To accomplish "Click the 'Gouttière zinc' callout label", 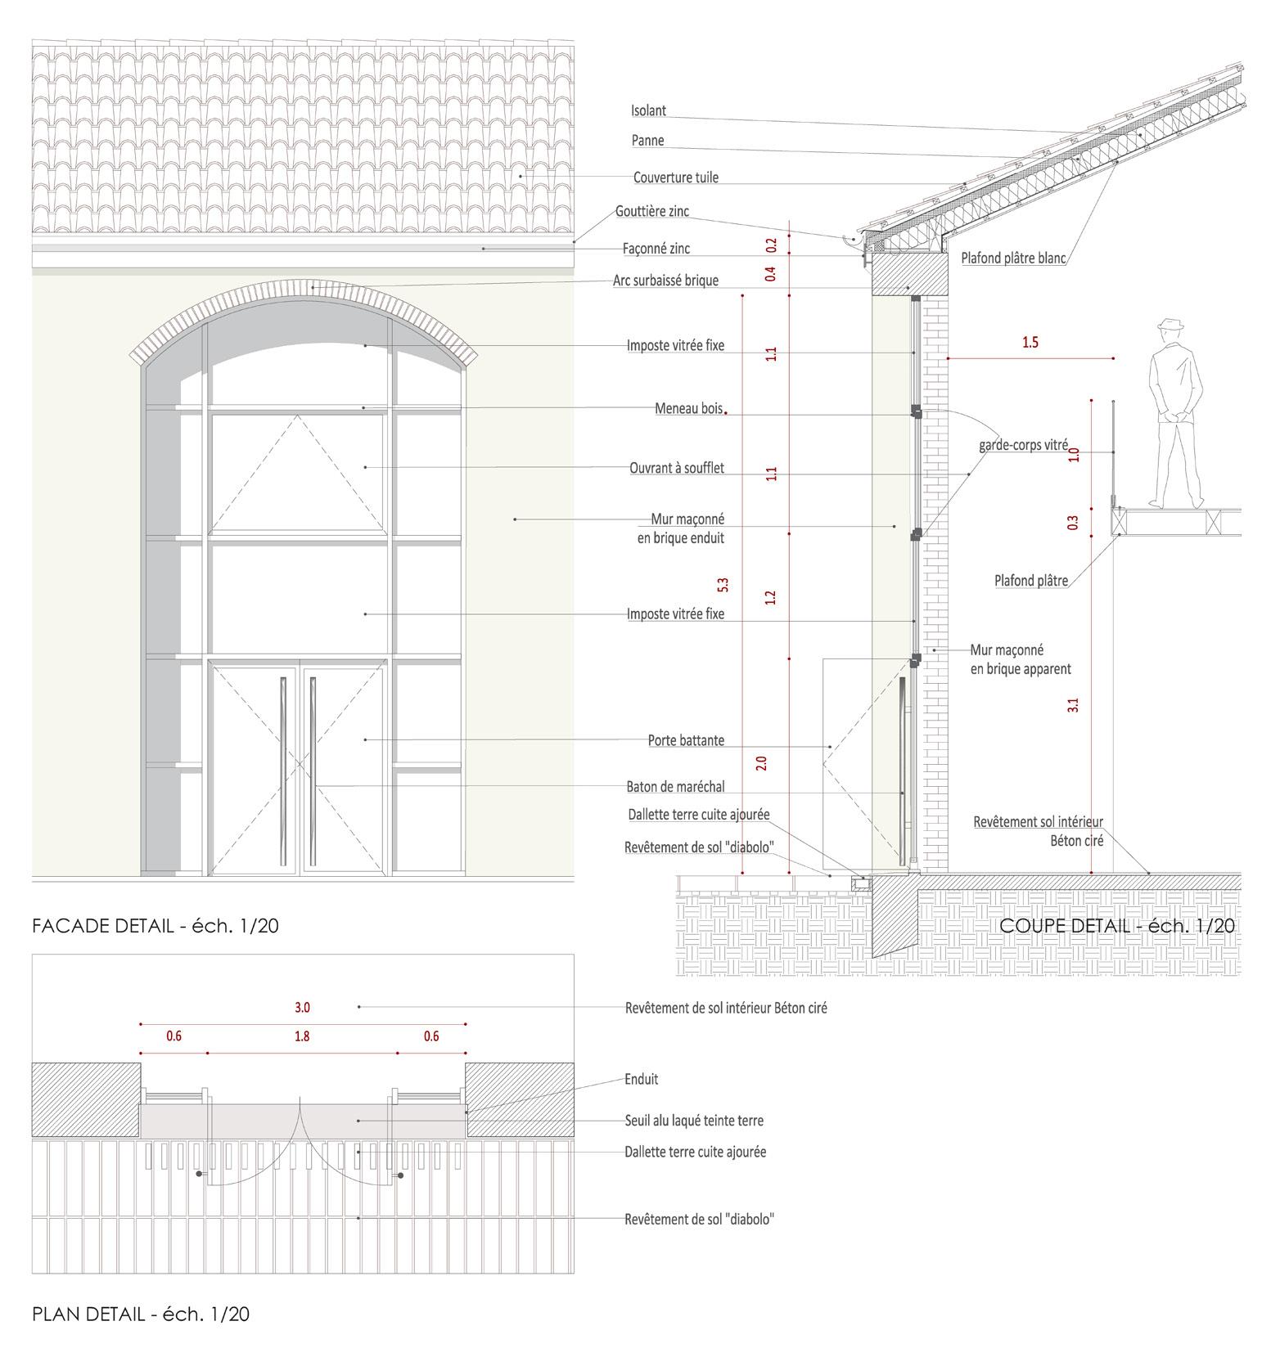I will pos(652,211).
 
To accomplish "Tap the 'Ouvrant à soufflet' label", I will pos(676,469).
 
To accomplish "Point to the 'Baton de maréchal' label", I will pos(675,787).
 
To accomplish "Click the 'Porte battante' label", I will pos(686,740).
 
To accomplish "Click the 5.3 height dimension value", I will pos(723,585).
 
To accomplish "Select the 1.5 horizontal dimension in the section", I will pos(1030,342).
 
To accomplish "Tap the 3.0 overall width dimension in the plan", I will pos(302,1007).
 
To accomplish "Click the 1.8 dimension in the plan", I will pos(302,1036).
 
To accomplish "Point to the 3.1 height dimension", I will pos(1073,704).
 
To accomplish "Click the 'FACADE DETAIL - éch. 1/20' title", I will pos(155,926).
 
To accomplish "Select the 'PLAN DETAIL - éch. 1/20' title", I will pos(141,1314).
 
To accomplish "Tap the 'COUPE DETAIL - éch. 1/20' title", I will pos(1117,925).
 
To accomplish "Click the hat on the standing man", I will pos(1170,324).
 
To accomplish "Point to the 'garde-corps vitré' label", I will pos(1023,446).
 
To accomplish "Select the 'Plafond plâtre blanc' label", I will pos(1013,258).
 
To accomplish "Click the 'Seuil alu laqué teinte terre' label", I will pos(694,1121).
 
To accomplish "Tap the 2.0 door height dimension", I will pos(761,763).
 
